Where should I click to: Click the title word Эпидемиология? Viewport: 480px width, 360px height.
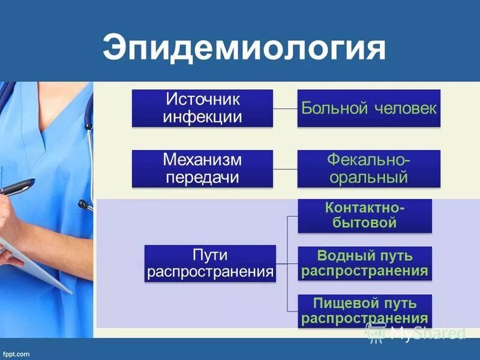tap(244, 47)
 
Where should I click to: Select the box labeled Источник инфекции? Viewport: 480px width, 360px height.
tap(202, 108)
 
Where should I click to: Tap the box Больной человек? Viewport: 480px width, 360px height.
tap(368, 108)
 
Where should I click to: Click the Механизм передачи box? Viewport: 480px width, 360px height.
tap(202, 169)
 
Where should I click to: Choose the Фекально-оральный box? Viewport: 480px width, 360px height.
tap(368, 169)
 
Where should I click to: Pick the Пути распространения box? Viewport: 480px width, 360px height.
tap(210, 263)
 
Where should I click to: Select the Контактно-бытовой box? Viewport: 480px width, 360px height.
tap(364, 215)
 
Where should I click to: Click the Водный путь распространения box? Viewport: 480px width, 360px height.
tap(364, 263)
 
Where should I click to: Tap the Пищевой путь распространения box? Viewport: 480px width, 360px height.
tap(364, 310)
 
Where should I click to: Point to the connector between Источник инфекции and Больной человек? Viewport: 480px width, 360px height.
tap(285, 109)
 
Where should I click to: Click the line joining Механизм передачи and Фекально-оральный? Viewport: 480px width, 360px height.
tap(285, 169)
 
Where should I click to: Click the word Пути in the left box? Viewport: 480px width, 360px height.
tap(210, 256)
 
